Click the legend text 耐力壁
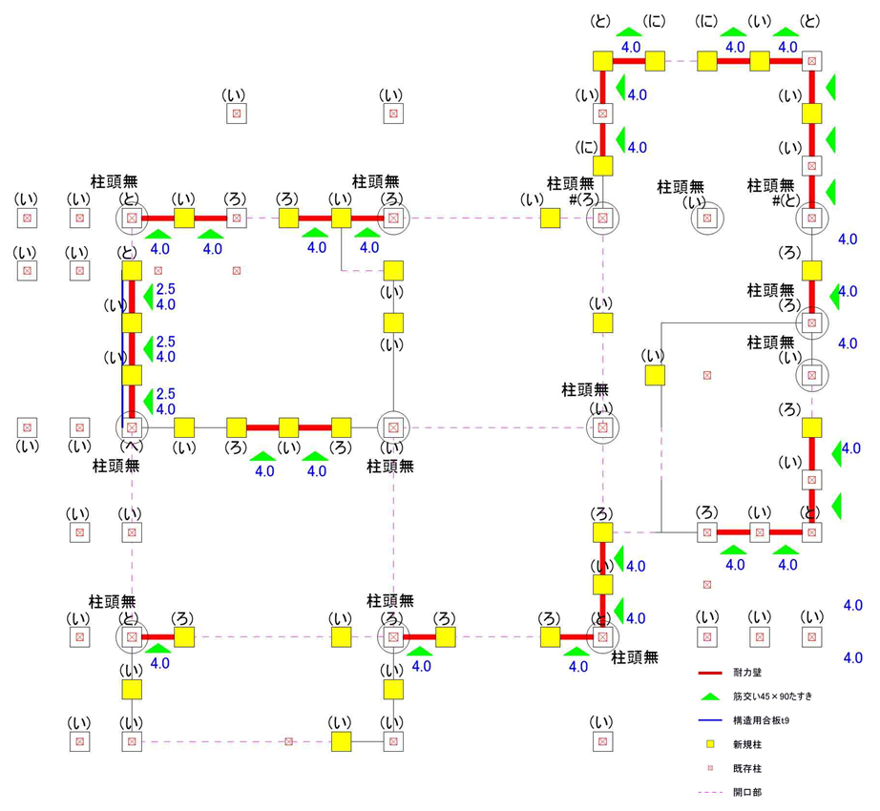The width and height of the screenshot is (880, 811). pos(747,673)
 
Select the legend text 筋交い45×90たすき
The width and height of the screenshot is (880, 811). pos(772,697)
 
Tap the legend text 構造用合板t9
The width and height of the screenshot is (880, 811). pos(761,720)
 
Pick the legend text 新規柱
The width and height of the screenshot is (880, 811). pos(747,744)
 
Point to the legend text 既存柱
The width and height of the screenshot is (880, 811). pos(747,768)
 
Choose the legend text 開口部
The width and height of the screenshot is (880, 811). pos(747,792)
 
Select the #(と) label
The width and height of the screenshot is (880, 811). pos(791,198)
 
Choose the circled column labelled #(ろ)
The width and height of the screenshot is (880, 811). pos(602,218)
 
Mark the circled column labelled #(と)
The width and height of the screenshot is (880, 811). pos(811,218)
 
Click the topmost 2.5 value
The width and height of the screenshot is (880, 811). pos(166,289)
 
